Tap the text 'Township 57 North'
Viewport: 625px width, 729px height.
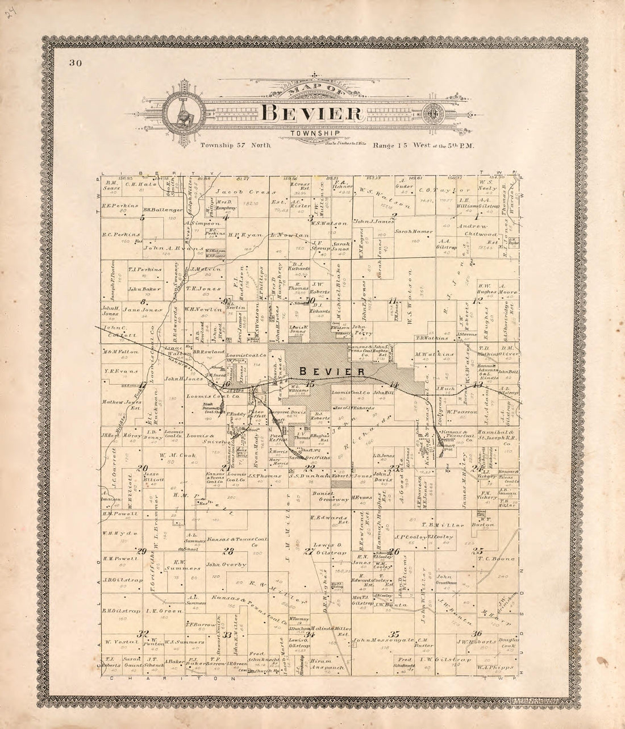coord(236,145)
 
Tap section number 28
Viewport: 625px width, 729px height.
coord(229,551)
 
